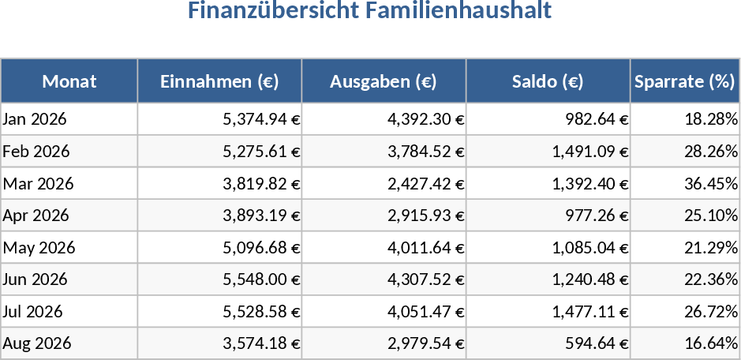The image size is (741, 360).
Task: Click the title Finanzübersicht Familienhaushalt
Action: (x=369, y=12)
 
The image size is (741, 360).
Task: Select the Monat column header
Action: (x=69, y=81)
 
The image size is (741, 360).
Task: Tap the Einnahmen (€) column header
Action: (x=219, y=81)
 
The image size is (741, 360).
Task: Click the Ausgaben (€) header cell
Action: (x=384, y=81)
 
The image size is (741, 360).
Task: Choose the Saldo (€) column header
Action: (x=548, y=81)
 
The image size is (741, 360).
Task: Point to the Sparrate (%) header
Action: (x=684, y=81)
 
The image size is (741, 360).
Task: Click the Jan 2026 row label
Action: (x=36, y=119)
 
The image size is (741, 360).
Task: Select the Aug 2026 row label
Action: (x=37, y=343)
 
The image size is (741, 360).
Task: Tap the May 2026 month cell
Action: (x=39, y=248)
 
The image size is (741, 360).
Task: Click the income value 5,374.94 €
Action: (x=261, y=119)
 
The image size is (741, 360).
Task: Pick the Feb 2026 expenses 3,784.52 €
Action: (x=425, y=152)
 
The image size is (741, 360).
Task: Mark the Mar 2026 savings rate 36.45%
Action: (x=710, y=184)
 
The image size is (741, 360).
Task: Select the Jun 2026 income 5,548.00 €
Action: (x=261, y=279)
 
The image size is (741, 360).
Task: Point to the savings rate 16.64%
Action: (x=710, y=343)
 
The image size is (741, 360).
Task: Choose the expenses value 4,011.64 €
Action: (x=425, y=248)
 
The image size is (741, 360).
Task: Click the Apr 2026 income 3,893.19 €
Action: (x=261, y=216)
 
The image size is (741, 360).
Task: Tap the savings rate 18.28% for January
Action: (x=710, y=119)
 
